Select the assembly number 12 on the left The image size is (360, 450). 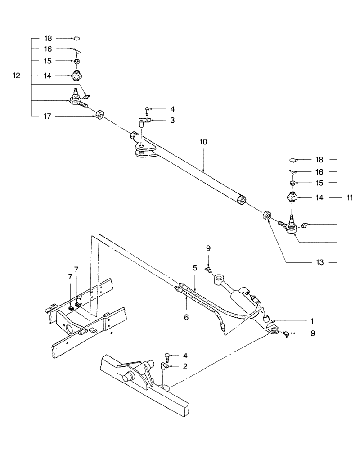point(16,76)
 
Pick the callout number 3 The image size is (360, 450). point(160,121)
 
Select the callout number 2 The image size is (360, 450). point(184,367)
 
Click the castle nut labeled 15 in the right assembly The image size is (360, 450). point(291,183)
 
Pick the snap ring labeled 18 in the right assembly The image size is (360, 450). point(292,159)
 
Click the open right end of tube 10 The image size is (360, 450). point(243,199)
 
